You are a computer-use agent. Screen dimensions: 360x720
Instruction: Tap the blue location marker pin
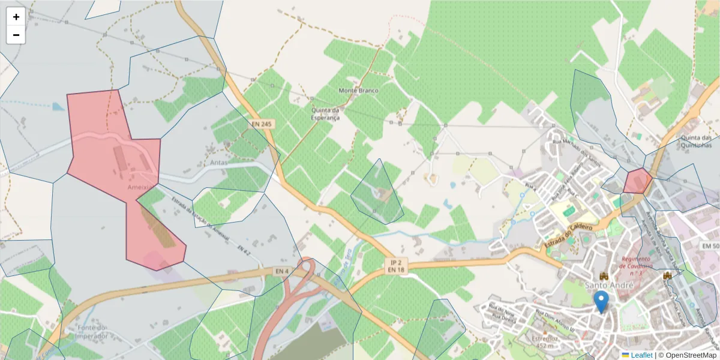point(601,301)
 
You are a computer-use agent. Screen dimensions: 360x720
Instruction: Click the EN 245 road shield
point(262,124)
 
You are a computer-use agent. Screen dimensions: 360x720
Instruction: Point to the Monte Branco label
point(359,91)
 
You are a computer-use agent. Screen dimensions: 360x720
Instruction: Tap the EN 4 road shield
point(282,271)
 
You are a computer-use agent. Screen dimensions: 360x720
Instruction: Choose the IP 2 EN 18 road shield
point(397,266)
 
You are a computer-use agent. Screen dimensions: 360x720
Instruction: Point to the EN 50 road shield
point(710,247)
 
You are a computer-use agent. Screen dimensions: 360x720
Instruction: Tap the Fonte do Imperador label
point(92,332)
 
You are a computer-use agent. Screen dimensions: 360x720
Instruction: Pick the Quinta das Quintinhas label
point(697,141)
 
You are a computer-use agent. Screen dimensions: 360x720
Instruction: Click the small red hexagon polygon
point(637,181)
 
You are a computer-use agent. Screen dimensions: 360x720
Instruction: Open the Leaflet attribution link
point(641,355)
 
